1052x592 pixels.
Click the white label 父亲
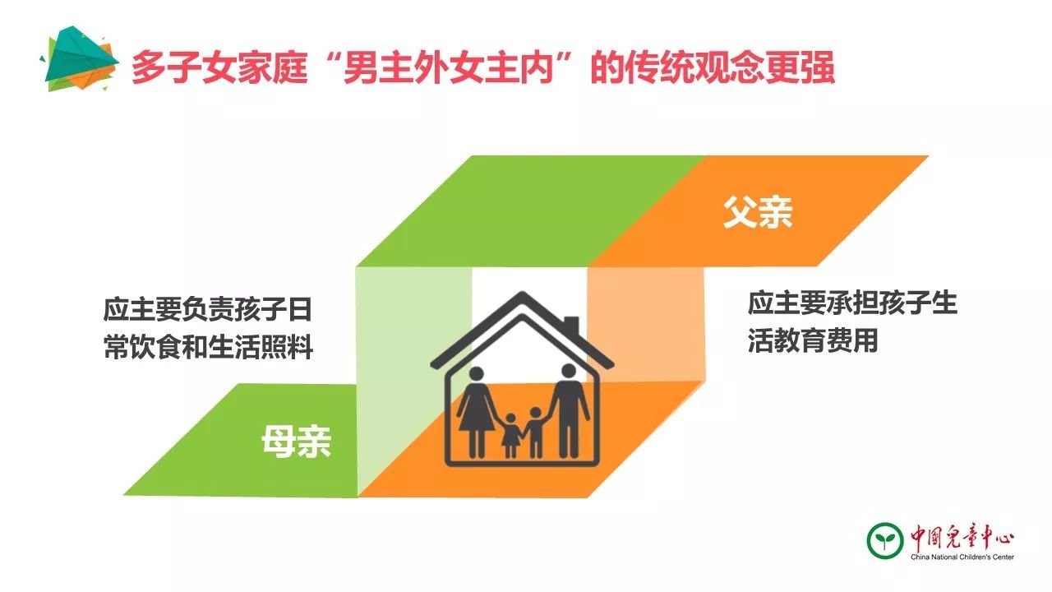point(758,212)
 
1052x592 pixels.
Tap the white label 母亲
point(296,442)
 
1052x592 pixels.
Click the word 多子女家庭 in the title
point(219,67)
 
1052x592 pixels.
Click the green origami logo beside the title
point(79,58)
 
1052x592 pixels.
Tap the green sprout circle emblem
point(885,541)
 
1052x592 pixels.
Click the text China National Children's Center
point(962,557)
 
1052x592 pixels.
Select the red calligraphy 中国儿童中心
point(962,537)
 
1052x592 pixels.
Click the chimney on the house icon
point(571,325)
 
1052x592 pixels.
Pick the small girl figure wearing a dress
point(511,436)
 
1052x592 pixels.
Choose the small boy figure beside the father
point(535,432)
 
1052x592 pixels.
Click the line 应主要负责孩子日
point(208,309)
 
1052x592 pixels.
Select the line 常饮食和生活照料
point(209,347)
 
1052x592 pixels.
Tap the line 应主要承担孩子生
point(852,303)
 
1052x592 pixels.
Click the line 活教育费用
point(813,340)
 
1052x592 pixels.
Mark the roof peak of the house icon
point(522,294)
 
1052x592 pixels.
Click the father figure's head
point(569,371)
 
